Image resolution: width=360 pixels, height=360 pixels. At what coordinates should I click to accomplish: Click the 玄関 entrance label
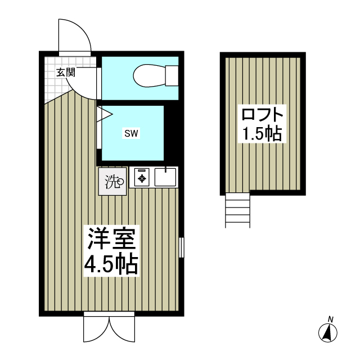(65, 72)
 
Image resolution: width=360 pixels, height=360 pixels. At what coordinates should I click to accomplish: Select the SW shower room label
(131, 133)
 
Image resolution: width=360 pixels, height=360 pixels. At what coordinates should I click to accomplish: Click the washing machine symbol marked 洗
(112, 182)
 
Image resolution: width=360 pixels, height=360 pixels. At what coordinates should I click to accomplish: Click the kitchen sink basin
(165, 178)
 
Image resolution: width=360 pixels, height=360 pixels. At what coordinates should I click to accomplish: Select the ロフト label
(262, 115)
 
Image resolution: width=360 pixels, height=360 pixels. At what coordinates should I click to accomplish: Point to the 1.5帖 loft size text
(262, 134)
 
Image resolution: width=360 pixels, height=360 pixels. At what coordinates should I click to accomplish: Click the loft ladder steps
(237, 210)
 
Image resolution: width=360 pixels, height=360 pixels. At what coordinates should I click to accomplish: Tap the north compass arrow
(326, 333)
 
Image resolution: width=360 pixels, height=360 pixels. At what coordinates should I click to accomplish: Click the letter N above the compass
(331, 319)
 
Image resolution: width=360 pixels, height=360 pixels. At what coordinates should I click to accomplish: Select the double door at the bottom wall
(110, 328)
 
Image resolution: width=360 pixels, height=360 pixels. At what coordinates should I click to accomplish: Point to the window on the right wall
(182, 247)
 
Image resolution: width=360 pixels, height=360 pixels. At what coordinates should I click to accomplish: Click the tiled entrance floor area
(53, 84)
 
